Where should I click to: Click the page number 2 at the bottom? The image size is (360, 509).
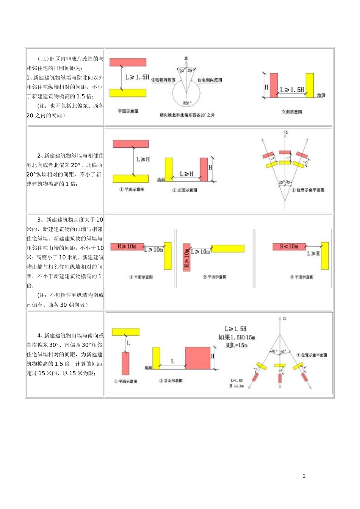pos(304,476)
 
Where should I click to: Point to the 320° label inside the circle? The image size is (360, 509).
pos(187,103)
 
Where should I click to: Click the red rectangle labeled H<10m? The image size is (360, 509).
pos(289,247)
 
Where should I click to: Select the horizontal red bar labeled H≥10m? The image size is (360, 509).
pos(127,247)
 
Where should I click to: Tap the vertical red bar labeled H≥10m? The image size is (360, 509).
pos(186,258)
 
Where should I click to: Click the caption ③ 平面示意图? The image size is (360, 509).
pos(302,277)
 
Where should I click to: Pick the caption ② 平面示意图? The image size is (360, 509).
pos(214,277)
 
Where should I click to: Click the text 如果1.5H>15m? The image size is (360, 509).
pos(237,337)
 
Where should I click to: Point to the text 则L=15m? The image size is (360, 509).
pos(237,345)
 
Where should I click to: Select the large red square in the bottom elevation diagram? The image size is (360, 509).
pos(197,358)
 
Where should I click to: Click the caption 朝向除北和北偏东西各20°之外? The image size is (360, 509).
pos(187,115)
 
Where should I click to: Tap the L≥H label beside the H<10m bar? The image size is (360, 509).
pos(313,253)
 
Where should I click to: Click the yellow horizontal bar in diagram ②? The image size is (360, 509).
pos(228,248)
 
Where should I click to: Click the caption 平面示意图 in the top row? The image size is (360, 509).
pos(128,111)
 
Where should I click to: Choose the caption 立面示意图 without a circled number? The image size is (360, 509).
pos(292,112)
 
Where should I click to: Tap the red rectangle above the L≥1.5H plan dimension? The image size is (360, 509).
pos(128,62)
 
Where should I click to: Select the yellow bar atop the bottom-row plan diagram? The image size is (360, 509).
pos(125,332)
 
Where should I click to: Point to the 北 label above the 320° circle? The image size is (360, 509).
pos(186,59)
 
